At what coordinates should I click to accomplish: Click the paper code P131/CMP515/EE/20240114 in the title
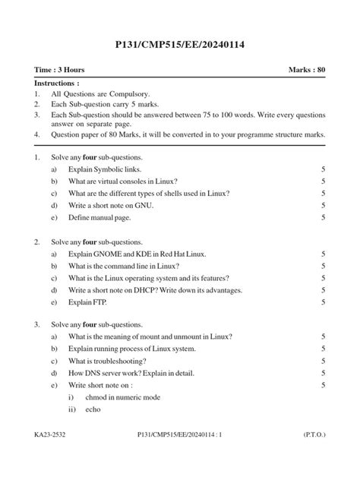pos(180,46)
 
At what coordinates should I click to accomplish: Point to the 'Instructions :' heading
pos(57,83)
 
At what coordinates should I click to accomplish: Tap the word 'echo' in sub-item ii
pos(93,409)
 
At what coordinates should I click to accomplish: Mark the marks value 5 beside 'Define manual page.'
pos(324,218)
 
